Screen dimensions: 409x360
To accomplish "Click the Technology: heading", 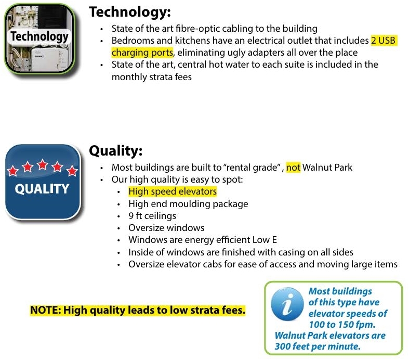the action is pos(130,12).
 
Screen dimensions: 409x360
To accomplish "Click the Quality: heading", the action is pos(116,151).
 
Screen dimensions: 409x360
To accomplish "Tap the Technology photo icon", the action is pos(39,39).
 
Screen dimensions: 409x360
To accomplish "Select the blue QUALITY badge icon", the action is pos(43,182).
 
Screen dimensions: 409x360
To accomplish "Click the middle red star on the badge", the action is pos(43,165).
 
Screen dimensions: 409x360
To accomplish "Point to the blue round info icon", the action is pos(287,304).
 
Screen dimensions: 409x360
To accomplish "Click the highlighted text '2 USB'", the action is pos(384,41).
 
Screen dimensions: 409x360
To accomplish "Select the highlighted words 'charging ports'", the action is pos(142,53).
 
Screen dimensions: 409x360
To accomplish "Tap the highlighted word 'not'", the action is pos(293,168).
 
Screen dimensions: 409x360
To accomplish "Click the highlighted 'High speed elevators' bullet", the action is pos(173,191).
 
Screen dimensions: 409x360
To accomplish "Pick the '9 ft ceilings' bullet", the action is pos(152,216).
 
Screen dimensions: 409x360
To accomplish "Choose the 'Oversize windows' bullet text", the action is pos(166,228).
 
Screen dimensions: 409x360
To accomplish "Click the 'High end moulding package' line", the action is pos(188,204).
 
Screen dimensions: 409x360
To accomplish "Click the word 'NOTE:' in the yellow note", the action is pos(46,310).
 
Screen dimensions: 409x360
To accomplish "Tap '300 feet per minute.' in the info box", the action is pos(318,346).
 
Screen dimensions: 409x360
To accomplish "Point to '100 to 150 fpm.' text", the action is pos(342,325).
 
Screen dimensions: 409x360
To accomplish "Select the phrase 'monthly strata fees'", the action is pos(152,77).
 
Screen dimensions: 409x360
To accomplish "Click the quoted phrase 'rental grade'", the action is pos(252,168).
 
